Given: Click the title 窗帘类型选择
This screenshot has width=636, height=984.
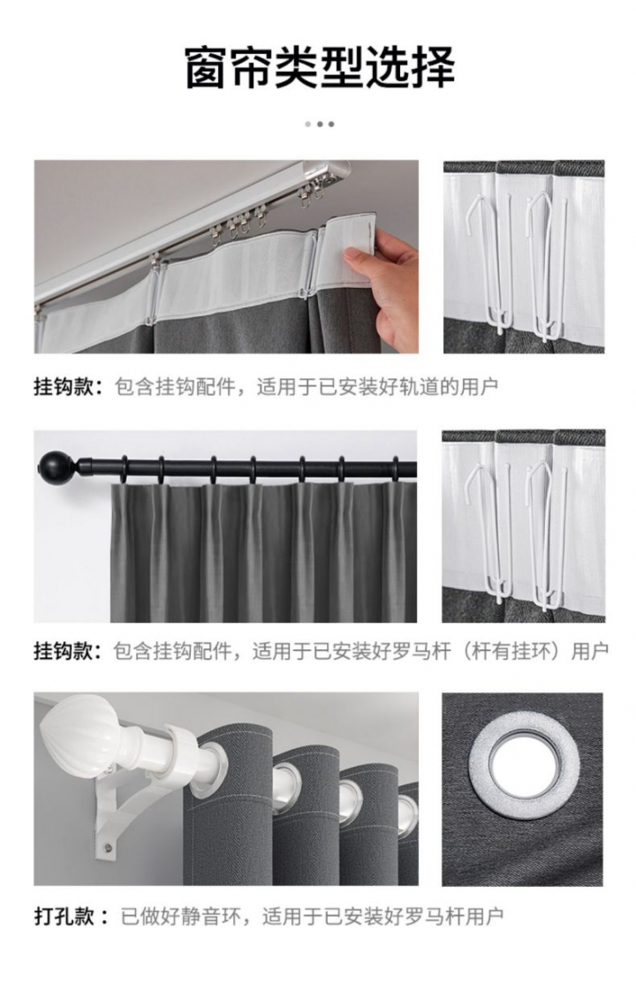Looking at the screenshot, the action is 320,67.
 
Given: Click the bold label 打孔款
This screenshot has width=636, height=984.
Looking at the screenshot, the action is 64,917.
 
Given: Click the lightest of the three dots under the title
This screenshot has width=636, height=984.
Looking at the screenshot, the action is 308,125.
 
